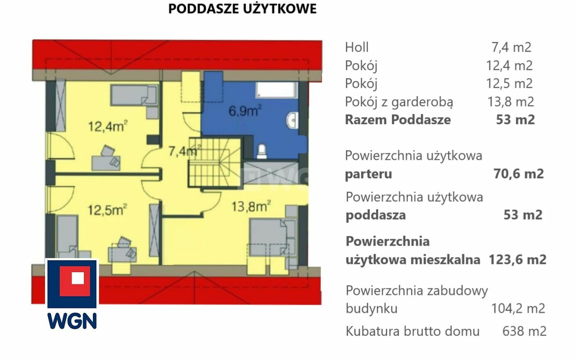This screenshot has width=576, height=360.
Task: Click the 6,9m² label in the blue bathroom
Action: tap(245, 110)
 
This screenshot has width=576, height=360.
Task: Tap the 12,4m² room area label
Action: tap(108, 126)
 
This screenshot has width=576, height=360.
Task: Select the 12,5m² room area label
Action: tap(107, 209)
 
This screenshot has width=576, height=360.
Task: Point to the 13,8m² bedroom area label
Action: tap(251, 206)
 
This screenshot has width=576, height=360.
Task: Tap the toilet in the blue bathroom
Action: tap(261, 151)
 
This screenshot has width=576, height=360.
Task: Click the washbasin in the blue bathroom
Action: tap(292, 120)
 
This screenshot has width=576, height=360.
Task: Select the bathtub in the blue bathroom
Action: tap(277, 90)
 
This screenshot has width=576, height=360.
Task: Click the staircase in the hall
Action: tap(215, 162)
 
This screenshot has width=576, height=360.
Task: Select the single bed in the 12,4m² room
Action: tap(134, 95)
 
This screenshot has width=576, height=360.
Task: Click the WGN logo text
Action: tap(72, 321)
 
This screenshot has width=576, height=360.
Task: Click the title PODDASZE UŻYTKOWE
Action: tap(242, 9)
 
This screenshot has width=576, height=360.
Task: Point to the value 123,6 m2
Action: tap(517, 259)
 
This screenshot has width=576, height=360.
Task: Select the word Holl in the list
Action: tap(357, 47)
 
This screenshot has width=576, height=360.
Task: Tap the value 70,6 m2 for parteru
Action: tap(518, 173)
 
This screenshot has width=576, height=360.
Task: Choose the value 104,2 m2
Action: tap(518, 308)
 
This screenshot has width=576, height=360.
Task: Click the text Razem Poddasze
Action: tap(398, 119)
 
